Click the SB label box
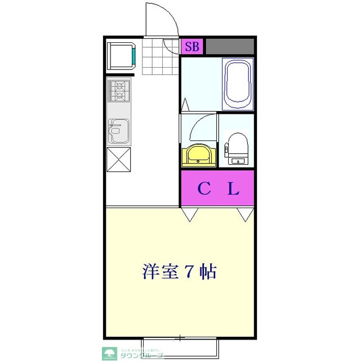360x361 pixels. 192,46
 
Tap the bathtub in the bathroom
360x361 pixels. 238,84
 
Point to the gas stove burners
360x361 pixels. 119,91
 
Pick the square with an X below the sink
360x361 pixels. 119,160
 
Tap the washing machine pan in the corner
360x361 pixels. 121,55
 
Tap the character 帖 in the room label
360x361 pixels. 208,272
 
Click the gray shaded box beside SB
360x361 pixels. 229,46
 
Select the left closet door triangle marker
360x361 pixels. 189,214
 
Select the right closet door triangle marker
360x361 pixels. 245,214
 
